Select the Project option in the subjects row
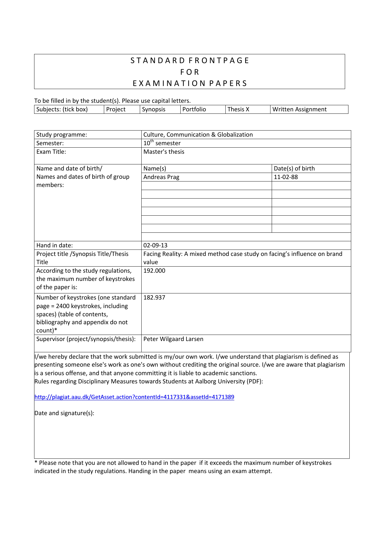click(x=116, y=110)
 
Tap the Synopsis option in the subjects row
click(x=154, y=110)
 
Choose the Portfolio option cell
click(x=194, y=110)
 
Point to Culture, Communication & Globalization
click(x=198, y=135)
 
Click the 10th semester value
click(x=162, y=143)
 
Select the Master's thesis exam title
click(x=164, y=152)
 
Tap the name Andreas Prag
click(x=161, y=177)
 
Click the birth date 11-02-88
click(x=286, y=177)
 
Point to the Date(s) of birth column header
click(x=294, y=169)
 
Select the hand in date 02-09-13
click(x=155, y=246)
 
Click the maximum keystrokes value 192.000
click(x=154, y=271)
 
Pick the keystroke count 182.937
click(x=154, y=298)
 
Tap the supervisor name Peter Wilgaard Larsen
click(x=173, y=339)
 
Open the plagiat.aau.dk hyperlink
click(x=134, y=397)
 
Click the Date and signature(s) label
click(x=64, y=413)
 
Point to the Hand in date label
click(x=55, y=246)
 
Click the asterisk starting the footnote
click(x=36, y=463)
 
